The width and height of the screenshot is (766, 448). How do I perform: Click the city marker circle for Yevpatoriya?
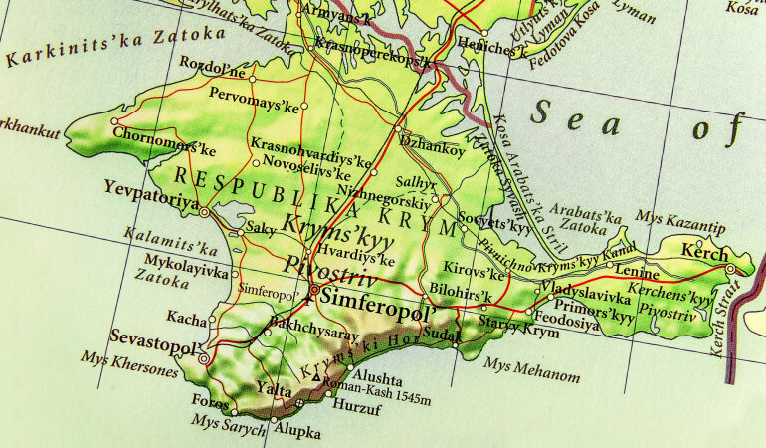click(x=205, y=212)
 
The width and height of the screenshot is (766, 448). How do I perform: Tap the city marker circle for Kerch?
click(x=731, y=269)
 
